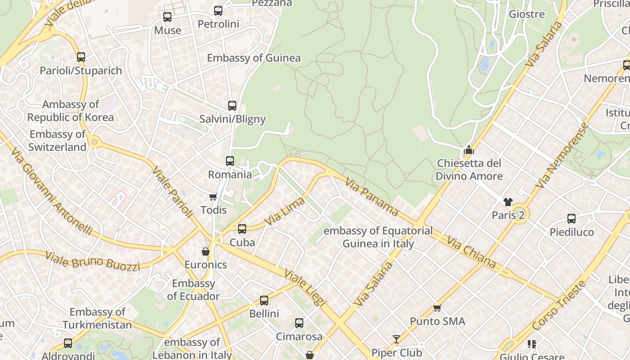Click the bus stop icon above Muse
167,17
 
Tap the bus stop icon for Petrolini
218,11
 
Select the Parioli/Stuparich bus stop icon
81,57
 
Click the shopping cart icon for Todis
213,197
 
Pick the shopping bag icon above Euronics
206,252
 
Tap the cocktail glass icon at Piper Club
396,339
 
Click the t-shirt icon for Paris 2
508,202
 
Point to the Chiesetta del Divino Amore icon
469,150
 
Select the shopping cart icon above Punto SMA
437,308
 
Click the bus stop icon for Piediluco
571,219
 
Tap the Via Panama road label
372,196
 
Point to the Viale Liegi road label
305,288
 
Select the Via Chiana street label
471,252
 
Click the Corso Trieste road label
559,306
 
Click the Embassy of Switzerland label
57,140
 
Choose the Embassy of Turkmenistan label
97,318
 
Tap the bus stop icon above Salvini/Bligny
232,106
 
